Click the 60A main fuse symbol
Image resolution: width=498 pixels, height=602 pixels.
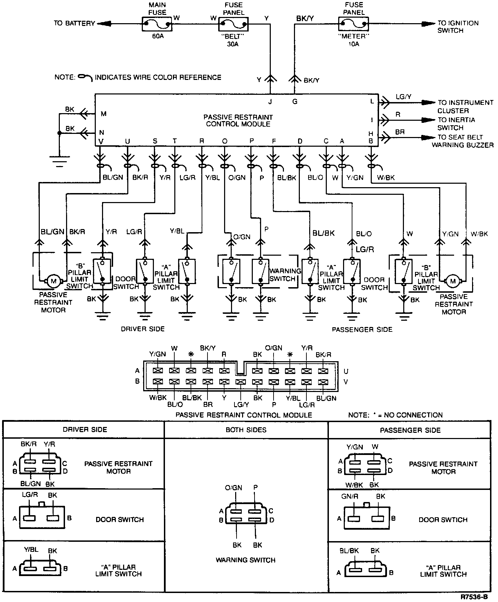click(x=157, y=24)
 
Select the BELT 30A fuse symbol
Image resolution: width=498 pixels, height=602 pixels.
click(x=233, y=24)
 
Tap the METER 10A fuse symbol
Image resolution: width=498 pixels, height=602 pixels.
click(x=353, y=24)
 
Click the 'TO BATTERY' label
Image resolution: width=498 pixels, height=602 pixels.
click(x=74, y=24)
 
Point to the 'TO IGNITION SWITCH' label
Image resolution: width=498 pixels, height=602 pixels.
click(x=458, y=27)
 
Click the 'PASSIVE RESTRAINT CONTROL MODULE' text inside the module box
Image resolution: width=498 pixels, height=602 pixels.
click(x=238, y=120)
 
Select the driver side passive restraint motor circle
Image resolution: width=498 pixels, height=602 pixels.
click(x=54, y=281)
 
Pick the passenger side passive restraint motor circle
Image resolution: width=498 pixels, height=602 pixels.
click(x=453, y=281)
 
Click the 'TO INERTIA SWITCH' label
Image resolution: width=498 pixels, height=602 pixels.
click(x=456, y=124)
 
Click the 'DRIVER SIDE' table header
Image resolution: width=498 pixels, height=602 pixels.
click(x=85, y=430)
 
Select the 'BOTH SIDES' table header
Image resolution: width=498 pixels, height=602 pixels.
click(x=246, y=430)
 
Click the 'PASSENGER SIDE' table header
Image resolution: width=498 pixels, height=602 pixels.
click(x=411, y=430)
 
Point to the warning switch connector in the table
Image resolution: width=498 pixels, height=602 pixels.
click(x=246, y=515)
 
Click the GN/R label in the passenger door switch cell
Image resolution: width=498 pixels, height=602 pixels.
click(x=350, y=496)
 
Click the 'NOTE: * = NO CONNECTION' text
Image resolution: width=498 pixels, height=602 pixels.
click(x=395, y=415)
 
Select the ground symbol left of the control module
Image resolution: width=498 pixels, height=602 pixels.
click(x=59, y=161)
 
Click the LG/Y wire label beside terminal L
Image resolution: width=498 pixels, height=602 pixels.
click(x=403, y=97)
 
